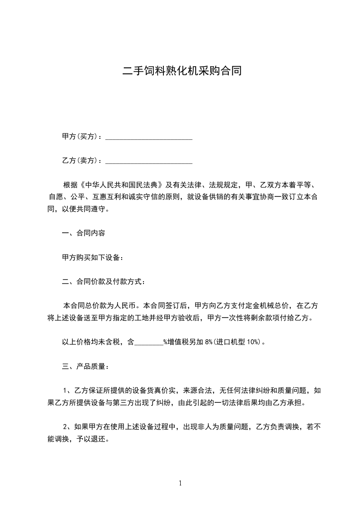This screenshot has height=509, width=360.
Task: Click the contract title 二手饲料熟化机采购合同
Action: click(x=180, y=71)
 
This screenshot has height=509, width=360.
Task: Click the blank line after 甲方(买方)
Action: click(x=149, y=137)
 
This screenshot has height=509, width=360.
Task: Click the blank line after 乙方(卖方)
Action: click(x=149, y=161)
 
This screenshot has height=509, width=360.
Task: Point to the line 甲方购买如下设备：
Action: click(x=92, y=257)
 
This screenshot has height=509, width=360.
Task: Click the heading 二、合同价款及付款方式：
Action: click(x=104, y=282)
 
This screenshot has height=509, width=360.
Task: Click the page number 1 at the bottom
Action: click(x=180, y=483)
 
